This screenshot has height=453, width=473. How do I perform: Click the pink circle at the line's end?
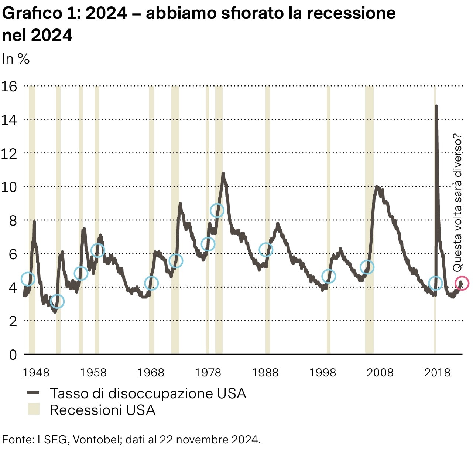click(x=462, y=283)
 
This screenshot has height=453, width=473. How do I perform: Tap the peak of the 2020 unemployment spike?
click(x=436, y=106)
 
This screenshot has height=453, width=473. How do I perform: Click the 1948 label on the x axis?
click(x=36, y=372)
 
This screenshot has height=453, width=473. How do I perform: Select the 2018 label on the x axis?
click(x=437, y=372)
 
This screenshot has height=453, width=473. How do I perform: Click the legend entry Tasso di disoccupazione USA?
click(x=148, y=393)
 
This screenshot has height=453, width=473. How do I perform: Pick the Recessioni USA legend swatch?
click(x=34, y=409)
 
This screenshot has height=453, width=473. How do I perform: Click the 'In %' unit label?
click(x=16, y=59)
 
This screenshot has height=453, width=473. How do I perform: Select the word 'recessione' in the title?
click(x=351, y=13)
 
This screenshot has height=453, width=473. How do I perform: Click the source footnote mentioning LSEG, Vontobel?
click(x=131, y=439)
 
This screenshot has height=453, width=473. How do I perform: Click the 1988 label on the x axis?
click(x=265, y=372)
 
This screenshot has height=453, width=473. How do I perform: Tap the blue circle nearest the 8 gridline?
click(x=217, y=210)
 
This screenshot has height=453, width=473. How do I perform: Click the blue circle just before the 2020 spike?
click(x=436, y=283)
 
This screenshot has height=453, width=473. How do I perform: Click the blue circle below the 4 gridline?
click(x=57, y=301)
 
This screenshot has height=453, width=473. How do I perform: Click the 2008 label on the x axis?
click(x=380, y=372)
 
